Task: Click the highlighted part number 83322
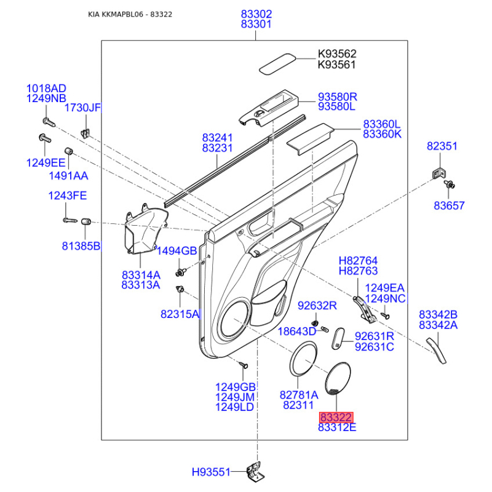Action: click(x=336, y=418)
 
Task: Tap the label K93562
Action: click(x=337, y=54)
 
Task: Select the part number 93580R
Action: click(x=338, y=97)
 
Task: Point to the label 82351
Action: click(x=442, y=146)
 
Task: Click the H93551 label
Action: click(x=211, y=472)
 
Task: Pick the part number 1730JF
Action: click(x=82, y=108)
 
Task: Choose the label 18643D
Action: click(x=297, y=331)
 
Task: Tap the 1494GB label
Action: click(x=177, y=251)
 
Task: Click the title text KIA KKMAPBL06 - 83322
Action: click(x=130, y=14)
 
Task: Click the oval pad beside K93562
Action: click(x=277, y=64)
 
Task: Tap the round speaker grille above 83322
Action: click(x=338, y=379)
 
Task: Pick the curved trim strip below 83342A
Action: click(x=436, y=351)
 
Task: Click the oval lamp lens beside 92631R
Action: click(x=338, y=339)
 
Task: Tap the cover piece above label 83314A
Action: click(x=145, y=229)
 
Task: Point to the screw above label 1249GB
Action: click(x=244, y=365)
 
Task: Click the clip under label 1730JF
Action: click(x=85, y=133)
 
